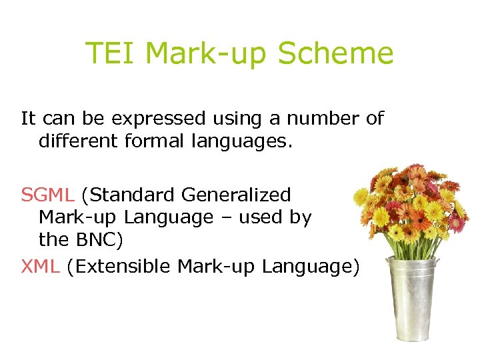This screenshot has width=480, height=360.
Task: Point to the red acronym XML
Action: [x=41, y=267]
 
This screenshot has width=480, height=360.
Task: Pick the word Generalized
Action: [x=236, y=195]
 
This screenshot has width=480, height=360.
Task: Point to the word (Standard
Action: [x=128, y=195]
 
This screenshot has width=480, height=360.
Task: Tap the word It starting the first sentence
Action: [x=28, y=119]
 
